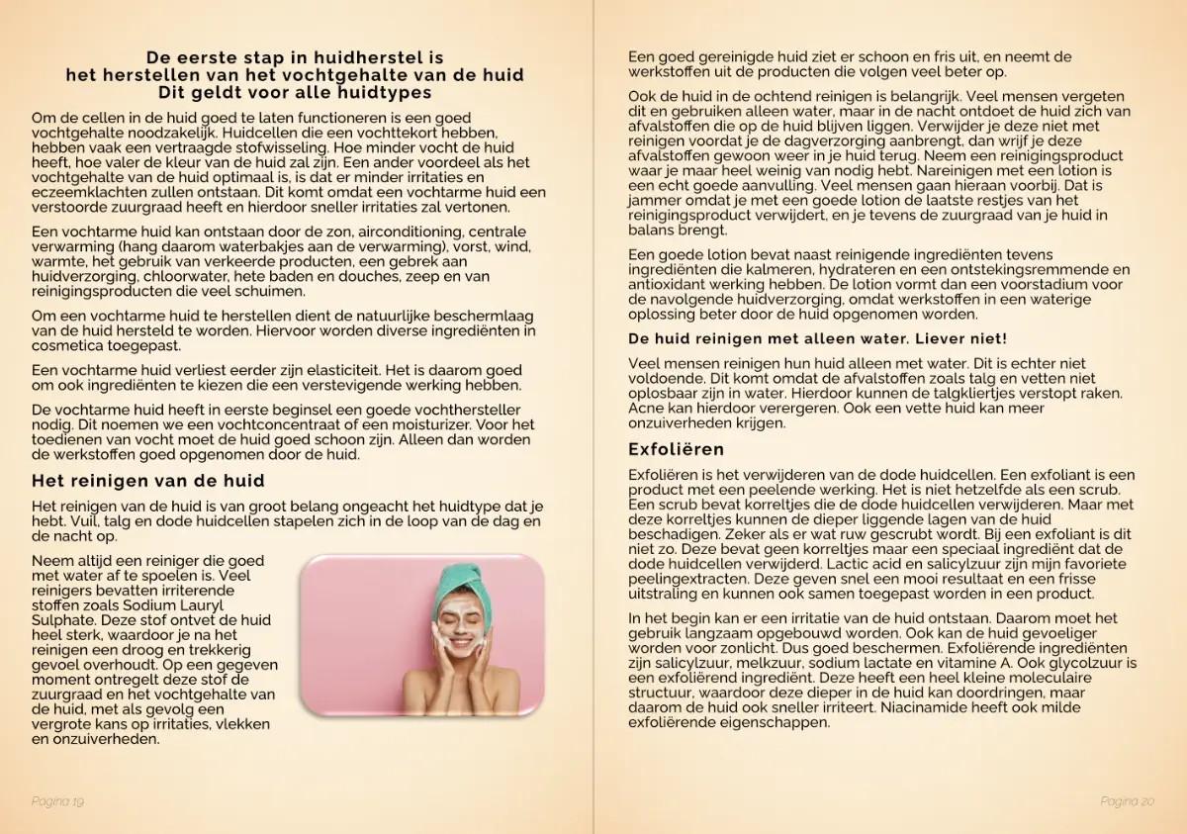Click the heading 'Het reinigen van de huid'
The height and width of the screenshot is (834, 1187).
(x=147, y=481)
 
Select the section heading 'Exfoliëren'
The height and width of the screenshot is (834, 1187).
(x=676, y=449)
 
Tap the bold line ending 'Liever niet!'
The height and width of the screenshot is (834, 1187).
(x=817, y=338)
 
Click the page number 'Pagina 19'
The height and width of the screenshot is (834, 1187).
(x=57, y=800)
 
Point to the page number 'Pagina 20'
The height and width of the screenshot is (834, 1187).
(x=1127, y=800)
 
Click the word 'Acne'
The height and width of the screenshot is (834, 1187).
(x=646, y=409)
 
